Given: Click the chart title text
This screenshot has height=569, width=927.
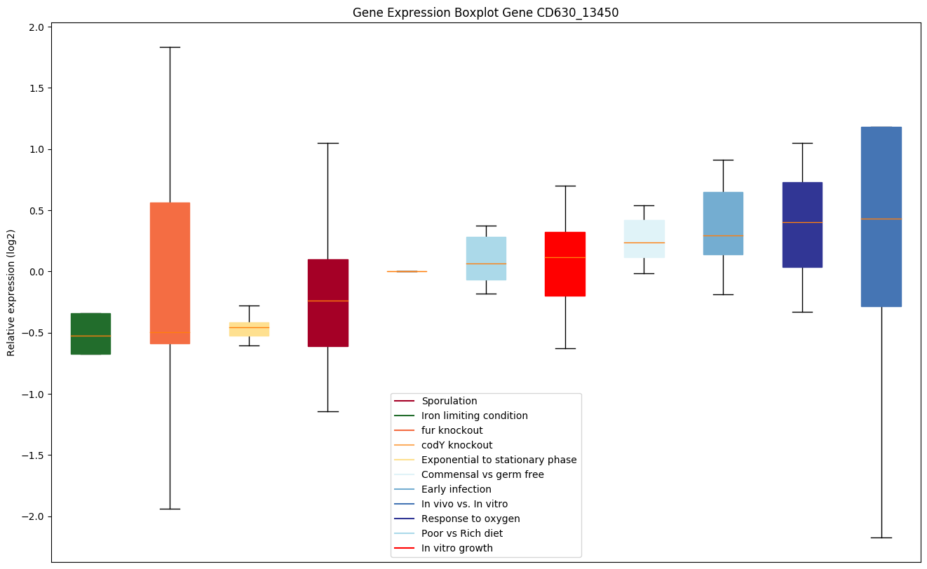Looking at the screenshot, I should [485, 13].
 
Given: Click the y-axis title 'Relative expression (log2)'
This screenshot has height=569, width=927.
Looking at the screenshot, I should [11, 292].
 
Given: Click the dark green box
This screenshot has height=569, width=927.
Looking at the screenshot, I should [90, 334].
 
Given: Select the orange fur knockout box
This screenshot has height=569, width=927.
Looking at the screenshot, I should [170, 273].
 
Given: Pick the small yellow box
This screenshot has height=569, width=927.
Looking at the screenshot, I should [249, 329].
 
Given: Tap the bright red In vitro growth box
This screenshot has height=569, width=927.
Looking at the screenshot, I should [565, 264].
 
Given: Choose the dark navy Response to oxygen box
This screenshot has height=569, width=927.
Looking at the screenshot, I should [802, 225].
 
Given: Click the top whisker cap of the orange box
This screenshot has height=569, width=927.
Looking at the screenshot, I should [170, 47].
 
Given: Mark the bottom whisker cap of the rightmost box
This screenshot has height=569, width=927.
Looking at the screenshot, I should [881, 537].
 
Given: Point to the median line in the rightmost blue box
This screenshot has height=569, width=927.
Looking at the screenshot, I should [881, 219].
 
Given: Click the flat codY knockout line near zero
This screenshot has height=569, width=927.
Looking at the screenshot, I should [407, 271].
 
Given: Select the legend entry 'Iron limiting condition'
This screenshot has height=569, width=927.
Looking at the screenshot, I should [474, 416].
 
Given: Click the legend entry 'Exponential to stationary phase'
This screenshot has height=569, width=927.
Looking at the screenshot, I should [499, 460].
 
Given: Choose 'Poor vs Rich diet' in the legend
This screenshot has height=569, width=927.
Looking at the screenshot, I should [461, 533].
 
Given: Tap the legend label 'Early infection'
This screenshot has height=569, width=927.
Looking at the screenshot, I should [456, 489].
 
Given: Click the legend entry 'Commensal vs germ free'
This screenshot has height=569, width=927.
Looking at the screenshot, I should [482, 474].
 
